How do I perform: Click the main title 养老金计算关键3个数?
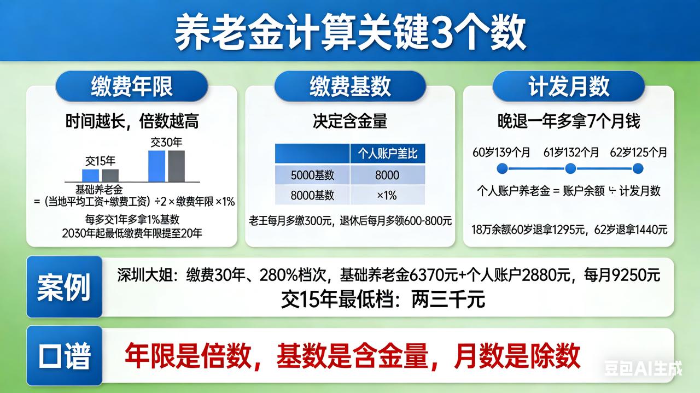pos(350,31)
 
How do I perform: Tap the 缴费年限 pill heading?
pos(131,86)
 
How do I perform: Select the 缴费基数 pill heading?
pos(350,86)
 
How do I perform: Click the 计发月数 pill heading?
pos(569,86)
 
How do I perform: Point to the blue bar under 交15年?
pos(91,175)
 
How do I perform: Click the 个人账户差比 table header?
pos(387,154)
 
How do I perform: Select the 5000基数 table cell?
pos(312,175)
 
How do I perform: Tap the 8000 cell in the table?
pos(387,175)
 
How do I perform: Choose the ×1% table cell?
pos(387,195)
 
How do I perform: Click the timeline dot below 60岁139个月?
pos(503,168)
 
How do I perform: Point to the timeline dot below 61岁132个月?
pos(570,168)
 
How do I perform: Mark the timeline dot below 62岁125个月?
pos(638,168)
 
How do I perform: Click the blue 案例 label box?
pos(64,286)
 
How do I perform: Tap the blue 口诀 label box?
pos(64,356)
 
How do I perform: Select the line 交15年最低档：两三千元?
pos(383,299)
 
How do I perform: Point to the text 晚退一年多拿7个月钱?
pos(569,121)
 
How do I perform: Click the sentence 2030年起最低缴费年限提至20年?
pos(132,233)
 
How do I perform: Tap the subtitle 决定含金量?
pos(350,121)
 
